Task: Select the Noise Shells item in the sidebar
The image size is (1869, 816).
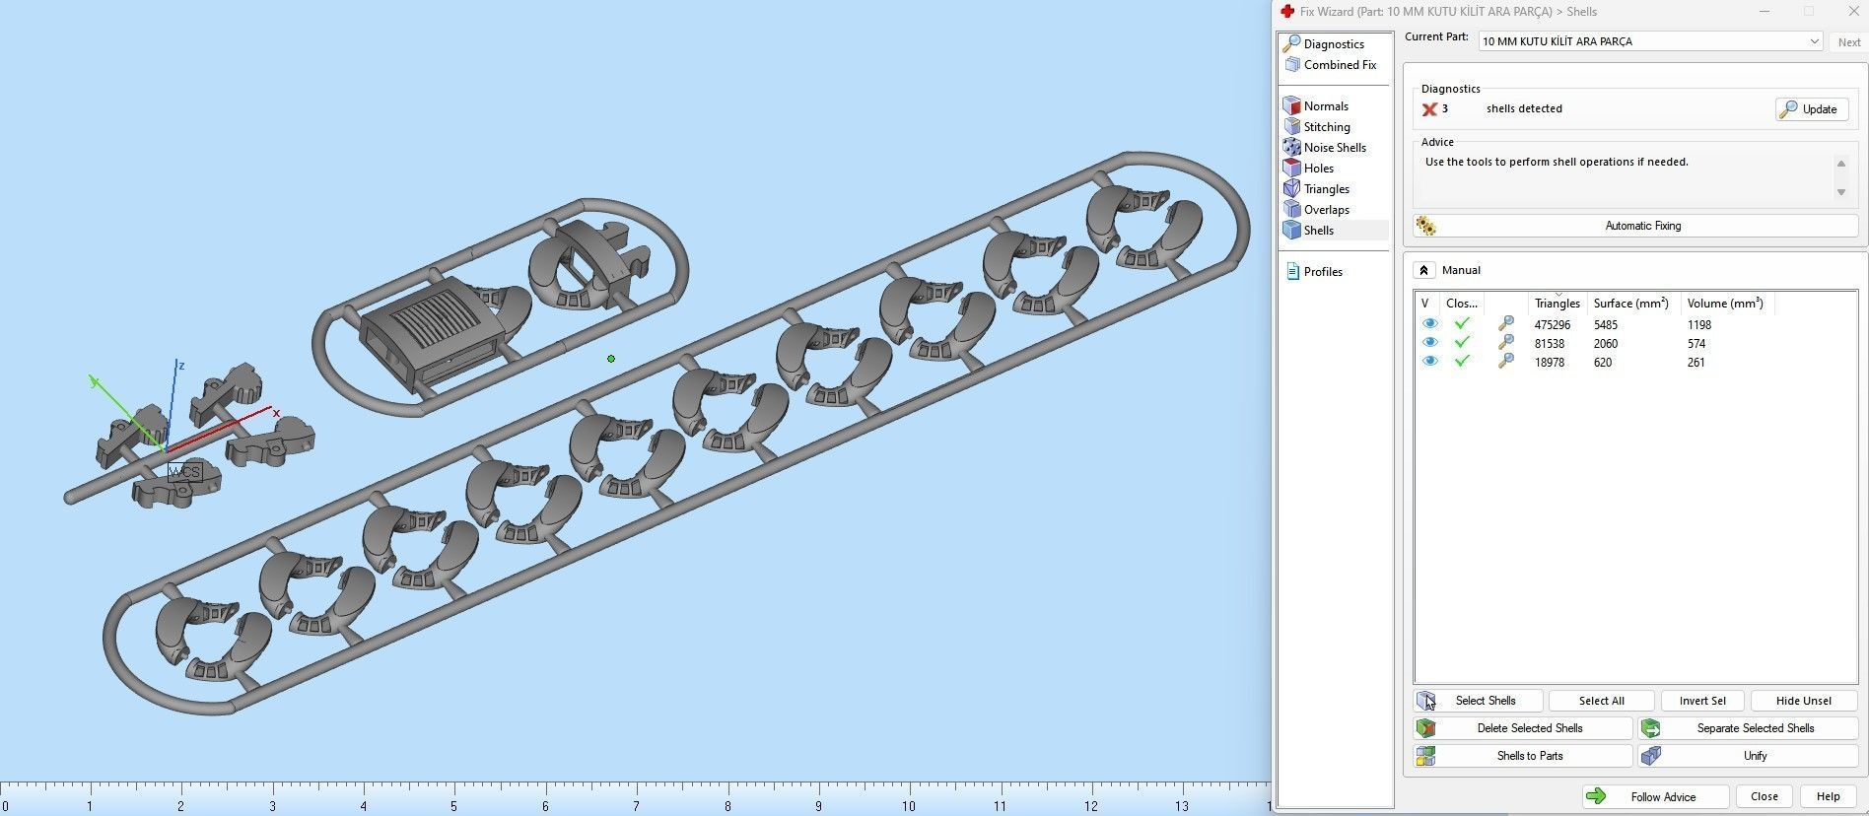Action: (1334, 148)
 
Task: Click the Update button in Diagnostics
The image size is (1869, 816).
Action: (1811, 109)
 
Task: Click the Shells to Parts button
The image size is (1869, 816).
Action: (1523, 756)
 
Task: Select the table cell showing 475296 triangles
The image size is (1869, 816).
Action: (1552, 325)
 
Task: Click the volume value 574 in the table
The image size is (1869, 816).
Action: (1696, 344)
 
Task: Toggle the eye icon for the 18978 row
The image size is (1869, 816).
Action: (1429, 362)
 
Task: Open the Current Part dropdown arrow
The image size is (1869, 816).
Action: (1813, 41)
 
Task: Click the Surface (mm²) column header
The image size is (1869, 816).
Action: (1630, 304)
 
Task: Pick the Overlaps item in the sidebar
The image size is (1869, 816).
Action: (1326, 210)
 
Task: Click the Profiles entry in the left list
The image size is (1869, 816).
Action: (1322, 272)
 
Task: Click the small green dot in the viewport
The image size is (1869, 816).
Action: (611, 359)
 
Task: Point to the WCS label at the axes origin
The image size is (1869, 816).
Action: (184, 472)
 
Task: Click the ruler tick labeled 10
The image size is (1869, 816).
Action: (908, 806)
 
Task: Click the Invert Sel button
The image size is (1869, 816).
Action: (1701, 701)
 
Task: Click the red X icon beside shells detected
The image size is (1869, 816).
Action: (1428, 109)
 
